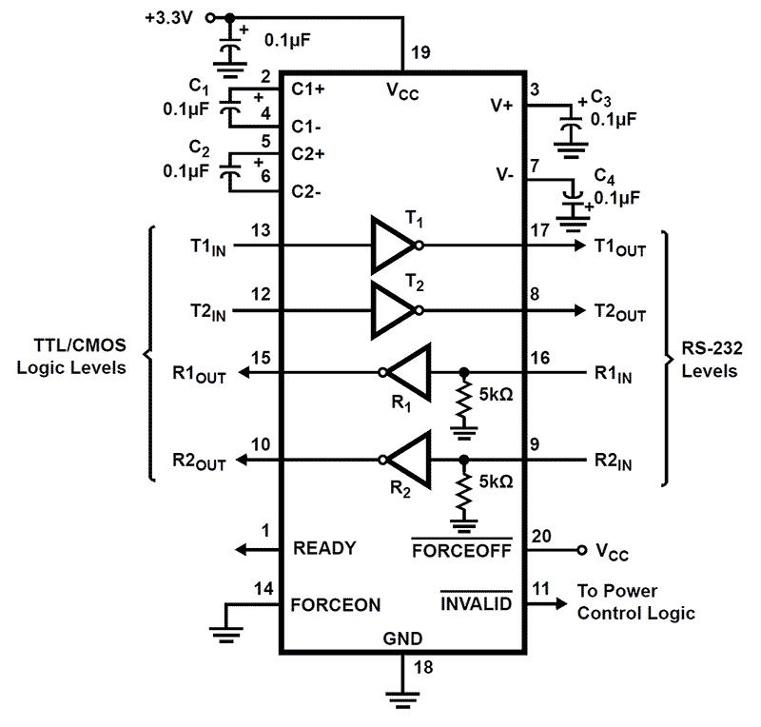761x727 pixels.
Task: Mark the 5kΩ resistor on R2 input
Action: tap(464, 491)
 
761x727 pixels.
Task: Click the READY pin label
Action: tap(324, 548)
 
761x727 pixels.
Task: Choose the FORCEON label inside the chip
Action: tap(337, 604)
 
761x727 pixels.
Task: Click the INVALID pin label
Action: tap(475, 603)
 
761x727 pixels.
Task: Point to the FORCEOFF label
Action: tap(461, 549)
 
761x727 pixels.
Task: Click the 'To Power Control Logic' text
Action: tap(634, 602)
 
